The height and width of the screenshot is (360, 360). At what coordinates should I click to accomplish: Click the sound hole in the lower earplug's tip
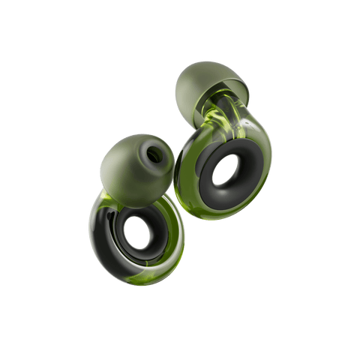pos(154,155)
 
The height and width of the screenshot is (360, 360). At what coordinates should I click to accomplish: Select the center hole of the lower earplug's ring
pos(136,235)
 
